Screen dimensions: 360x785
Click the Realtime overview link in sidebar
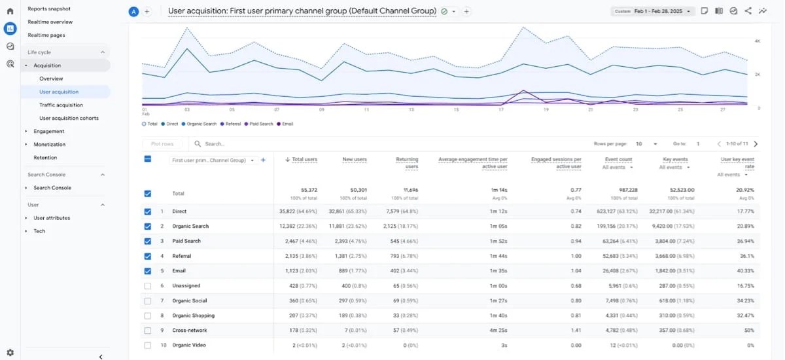coord(50,22)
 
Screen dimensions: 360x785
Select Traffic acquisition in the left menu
coord(61,105)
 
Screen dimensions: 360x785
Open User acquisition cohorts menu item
coord(69,118)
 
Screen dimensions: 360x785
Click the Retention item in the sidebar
coord(45,158)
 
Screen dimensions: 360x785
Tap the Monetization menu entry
coord(49,145)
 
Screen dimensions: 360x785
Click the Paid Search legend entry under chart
coord(260,124)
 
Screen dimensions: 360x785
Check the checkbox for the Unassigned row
coord(147,286)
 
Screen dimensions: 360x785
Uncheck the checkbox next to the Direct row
coord(147,211)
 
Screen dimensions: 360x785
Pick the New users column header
coord(355,159)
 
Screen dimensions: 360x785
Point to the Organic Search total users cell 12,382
coord(302,226)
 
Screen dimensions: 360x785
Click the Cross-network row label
coord(189,331)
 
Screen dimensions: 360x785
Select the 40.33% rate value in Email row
coord(744,271)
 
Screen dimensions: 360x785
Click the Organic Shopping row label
coord(193,315)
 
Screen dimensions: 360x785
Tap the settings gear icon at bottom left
coord(10,353)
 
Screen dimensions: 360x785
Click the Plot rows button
coord(162,144)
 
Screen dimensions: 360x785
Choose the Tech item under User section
coord(39,231)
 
